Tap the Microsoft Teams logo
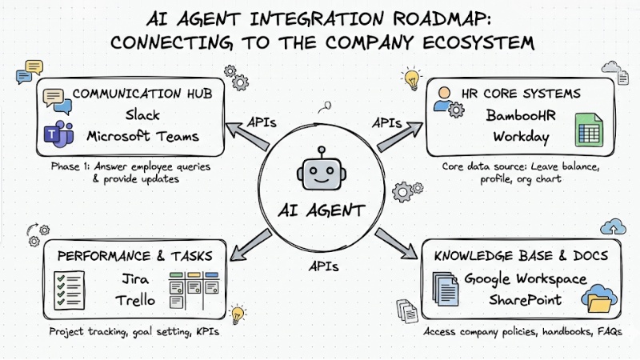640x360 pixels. [57, 137]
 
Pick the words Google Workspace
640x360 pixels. [526, 282]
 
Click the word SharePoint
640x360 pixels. [526, 302]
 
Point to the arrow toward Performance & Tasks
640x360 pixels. [248, 242]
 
